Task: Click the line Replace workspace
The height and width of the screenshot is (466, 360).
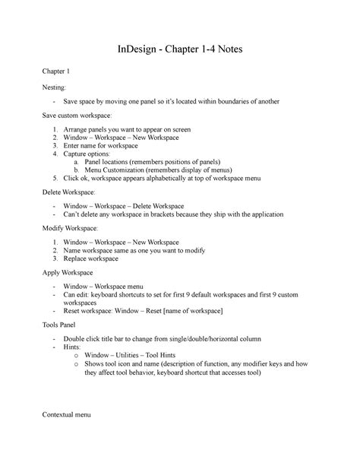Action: pyautogui.click(x=91, y=258)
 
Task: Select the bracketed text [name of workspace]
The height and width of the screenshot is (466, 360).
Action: pyautogui.click(x=188, y=311)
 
